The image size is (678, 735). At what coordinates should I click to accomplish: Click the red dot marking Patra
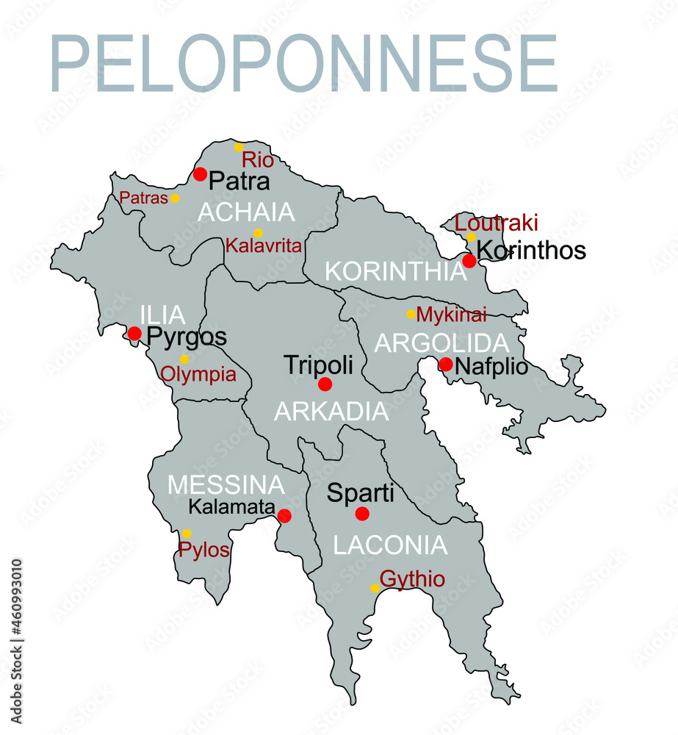click(x=200, y=174)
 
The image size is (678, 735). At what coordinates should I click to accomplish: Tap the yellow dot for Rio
click(x=239, y=147)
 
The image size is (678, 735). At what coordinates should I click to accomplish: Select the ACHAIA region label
click(x=246, y=212)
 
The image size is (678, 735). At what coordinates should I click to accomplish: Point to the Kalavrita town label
click(x=264, y=245)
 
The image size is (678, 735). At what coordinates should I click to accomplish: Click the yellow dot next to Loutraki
click(x=471, y=237)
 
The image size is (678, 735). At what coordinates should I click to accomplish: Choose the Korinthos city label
click(x=531, y=251)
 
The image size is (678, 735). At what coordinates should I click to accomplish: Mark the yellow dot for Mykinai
click(x=411, y=314)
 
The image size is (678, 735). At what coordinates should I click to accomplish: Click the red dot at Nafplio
click(x=446, y=364)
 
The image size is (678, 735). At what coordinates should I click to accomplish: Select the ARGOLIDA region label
click(x=441, y=343)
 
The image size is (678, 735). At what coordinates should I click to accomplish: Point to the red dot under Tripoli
click(x=325, y=384)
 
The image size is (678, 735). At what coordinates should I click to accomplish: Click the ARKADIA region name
click(x=331, y=412)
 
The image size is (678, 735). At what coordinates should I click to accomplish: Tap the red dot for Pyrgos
click(x=134, y=334)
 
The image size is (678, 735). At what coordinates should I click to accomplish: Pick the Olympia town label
click(x=198, y=375)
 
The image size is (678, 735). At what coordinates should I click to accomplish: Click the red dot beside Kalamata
click(x=284, y=516)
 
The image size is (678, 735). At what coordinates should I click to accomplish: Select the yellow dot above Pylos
click(x=187, y=534)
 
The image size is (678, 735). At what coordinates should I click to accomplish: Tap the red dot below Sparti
click(x=361, y=513)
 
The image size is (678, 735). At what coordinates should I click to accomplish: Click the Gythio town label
click(x=412, y=579)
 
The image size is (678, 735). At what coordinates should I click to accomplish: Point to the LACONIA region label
click(x=390, y=545)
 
